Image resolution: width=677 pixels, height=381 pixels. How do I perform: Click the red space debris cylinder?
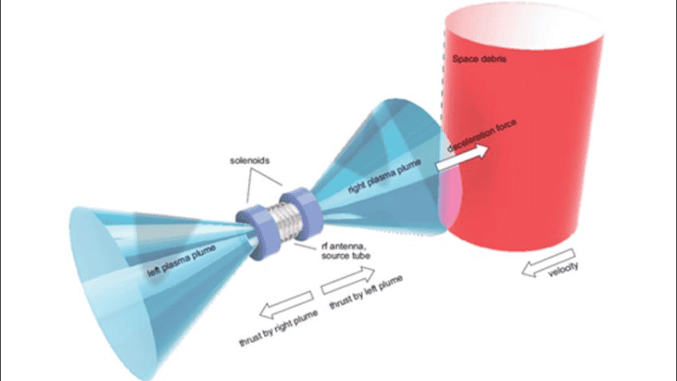(x=542, y=169)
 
